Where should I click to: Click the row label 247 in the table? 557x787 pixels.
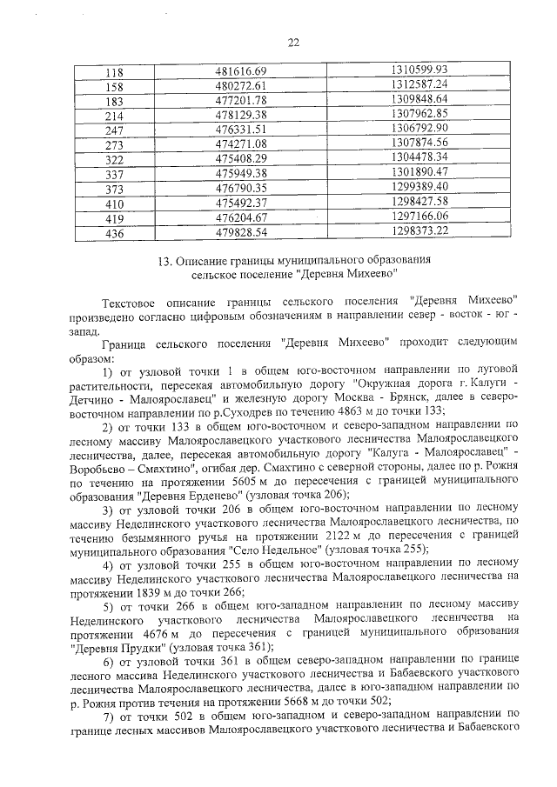tap(114, 129)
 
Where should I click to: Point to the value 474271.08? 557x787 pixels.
tap(245, 143)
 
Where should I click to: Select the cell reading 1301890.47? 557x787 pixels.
tap(419, 172)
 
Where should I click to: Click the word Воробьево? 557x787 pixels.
tap(96, 468)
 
